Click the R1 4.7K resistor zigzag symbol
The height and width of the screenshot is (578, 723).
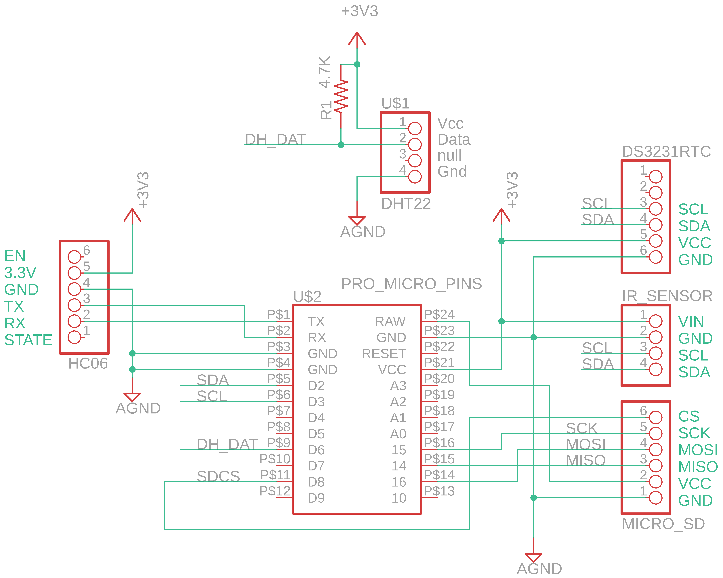tap(341, 97)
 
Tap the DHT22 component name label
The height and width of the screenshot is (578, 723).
tap(406, 204)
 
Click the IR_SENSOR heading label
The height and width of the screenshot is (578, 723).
tap(667, 296)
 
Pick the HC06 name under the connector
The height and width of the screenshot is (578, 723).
tap(88, 363)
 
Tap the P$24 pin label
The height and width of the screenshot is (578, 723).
tap(439, 314)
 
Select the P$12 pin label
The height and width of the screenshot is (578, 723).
tap(275, 491)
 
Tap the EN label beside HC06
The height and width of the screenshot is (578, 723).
tap(15, 256)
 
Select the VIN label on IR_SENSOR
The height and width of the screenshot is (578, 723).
tap(691, 322)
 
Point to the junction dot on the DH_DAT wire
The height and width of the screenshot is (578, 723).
tap(341, 145)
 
